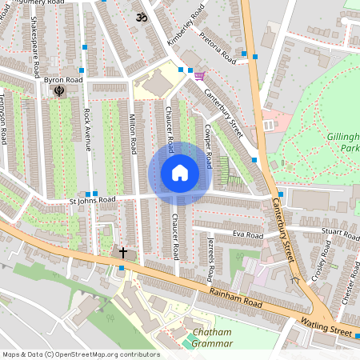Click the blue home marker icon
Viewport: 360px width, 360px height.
(x=180, y=173)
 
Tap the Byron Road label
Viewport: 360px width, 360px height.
(x=64, y=81)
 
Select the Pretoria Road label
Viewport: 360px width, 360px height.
(x=218, y=50)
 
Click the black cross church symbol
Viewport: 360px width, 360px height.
(x=123, y=253)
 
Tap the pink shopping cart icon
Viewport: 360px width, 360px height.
(x=199, y=75)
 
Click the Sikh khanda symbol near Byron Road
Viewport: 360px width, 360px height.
(x=58, y=92)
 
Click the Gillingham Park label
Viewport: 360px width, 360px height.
(x=344, y=142)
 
